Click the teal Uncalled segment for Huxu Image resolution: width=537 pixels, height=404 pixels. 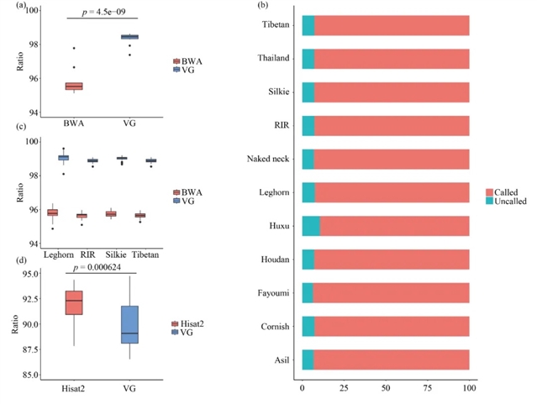click(x=311, y=226)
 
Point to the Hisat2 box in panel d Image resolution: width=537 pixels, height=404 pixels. click(x=74, y=302)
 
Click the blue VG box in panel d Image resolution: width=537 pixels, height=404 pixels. click(x=129, y=325)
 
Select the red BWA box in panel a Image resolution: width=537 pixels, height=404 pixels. click(x=74, y=86)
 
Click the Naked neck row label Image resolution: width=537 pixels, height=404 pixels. click(x=269, y=159)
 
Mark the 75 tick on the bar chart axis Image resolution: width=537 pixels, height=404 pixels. click(x=428, y=389)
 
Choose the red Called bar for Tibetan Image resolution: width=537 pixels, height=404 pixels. click(x=392, y=25)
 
